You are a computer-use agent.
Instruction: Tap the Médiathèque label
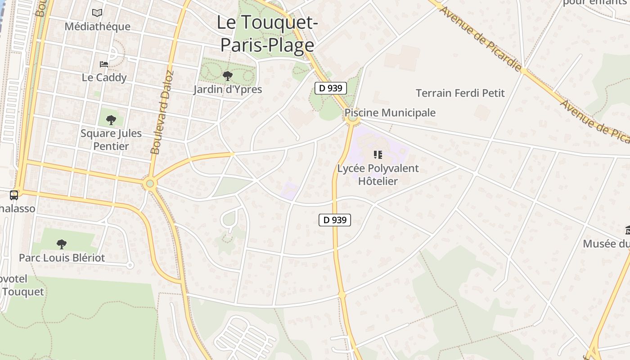(97, 26)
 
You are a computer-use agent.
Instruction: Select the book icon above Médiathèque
(97, 13)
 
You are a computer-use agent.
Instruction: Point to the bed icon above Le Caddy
(104, 64)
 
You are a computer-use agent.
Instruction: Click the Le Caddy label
(104, 77)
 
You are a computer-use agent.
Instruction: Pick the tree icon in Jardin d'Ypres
(228, 76)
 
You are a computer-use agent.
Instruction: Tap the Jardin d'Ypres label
(228, 89)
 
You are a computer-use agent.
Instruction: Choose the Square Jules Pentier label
(111, 139)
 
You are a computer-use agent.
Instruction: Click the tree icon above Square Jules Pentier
(111, 120)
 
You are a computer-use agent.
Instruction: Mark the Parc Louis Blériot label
(62, 258)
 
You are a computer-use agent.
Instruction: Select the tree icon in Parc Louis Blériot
(62, 244)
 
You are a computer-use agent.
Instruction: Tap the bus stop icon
(14, 195)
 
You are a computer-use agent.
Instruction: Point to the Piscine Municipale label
(390, 112)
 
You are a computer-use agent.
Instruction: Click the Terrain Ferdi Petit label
(460, 93)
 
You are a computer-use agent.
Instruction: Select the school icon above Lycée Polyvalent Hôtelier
(378, 155)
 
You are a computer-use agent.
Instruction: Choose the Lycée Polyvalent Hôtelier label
(378, 175)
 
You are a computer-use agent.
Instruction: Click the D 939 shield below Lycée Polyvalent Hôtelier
(335, 220)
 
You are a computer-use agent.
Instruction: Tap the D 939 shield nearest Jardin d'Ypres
(331, 88)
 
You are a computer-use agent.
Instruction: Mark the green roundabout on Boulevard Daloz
(150, 183)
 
